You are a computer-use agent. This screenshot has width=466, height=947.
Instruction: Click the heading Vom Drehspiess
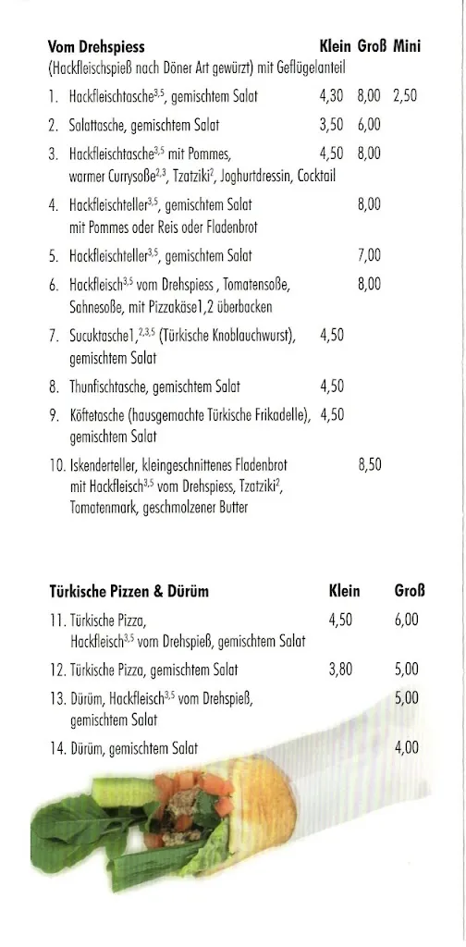click(96, 46)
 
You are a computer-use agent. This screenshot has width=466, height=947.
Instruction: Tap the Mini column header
click(407, 46)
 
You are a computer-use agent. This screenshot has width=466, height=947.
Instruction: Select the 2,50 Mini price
click(405, 96)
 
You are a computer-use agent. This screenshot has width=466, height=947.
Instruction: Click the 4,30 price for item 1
click(331, 96)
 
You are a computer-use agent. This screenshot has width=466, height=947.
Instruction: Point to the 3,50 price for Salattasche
click(331, 125)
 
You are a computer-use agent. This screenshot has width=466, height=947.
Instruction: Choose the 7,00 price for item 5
click(369, 256)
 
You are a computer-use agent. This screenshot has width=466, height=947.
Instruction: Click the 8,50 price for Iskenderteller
click(369, 466)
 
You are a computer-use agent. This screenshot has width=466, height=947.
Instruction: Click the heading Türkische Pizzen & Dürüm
click(129, 591)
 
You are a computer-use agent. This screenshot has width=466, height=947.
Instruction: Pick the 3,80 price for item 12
click(340, 670)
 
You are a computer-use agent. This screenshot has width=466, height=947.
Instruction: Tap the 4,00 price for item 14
click(406, 748)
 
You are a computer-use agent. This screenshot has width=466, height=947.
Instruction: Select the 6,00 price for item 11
click(406, 621)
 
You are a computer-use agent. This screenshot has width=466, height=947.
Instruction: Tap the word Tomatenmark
click(102, 507)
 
